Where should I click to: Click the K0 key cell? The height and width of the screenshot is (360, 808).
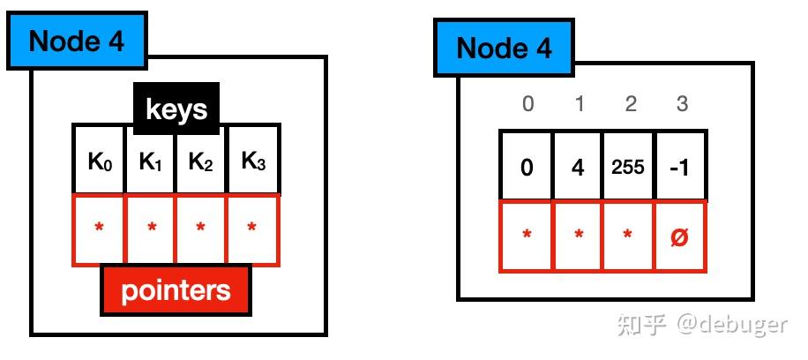click(99, 161)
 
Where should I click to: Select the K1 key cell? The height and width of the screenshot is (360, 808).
click(151, 161)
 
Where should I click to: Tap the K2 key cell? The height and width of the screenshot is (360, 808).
click(202, 161)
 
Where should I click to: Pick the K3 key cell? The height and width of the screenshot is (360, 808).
click(253, 161)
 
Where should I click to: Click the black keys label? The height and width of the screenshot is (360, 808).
click(176, 109)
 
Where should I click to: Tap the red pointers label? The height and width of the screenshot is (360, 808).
click(176, 290)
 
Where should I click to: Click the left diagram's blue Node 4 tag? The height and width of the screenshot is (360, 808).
click(78, 41)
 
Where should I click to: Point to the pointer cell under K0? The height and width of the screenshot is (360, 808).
click(99, 229)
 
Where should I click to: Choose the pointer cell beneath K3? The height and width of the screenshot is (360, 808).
click(253, 229)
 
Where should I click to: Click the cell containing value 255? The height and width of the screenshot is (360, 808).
click(629, 167)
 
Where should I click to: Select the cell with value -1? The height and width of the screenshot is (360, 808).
click(679, 167)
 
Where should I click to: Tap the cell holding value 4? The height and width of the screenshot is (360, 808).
click(578, 167)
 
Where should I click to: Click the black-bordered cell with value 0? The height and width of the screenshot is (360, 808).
click(527, 167)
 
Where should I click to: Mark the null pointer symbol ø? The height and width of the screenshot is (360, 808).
click(679, 236)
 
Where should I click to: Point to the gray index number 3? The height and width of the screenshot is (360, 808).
click(681, 104)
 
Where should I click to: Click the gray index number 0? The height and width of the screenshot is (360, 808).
click(527, 104)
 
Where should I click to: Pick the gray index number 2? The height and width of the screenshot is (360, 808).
click(630, 104)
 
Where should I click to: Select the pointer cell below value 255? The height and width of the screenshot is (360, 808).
click(629, 236)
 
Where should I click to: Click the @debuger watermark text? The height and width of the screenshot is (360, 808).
click(731, 324)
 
